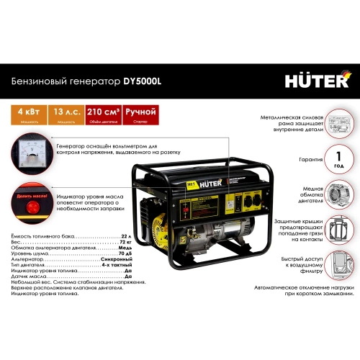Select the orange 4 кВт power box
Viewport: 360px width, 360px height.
pos(24,114)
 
